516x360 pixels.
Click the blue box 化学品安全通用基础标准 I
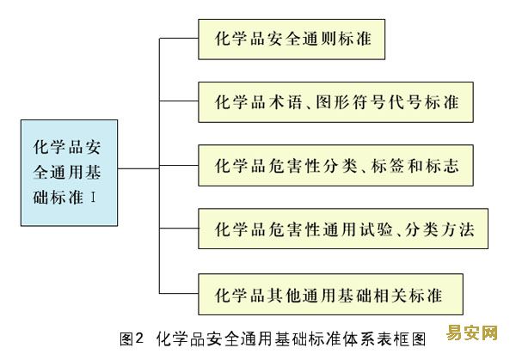(69, 173)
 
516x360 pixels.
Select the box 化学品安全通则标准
(292, 40)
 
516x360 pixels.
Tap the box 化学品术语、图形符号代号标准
(335, 102)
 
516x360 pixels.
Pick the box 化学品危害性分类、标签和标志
(335, 165)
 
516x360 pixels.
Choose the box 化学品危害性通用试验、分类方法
(343, 229)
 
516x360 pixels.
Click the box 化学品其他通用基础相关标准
(330, 294)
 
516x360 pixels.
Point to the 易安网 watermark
(472, 333)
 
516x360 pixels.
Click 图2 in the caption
(132, 339)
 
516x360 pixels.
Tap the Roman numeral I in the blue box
(93, 198)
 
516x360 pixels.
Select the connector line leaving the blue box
(138, 168)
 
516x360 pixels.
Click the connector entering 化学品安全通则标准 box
(179, 38)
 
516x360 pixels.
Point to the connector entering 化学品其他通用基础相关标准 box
(179, 293)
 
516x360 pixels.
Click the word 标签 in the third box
(387, 165)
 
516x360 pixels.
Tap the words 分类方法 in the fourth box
(439, 229)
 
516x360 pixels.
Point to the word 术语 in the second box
(286, 102)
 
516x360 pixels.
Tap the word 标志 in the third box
(442, 165)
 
